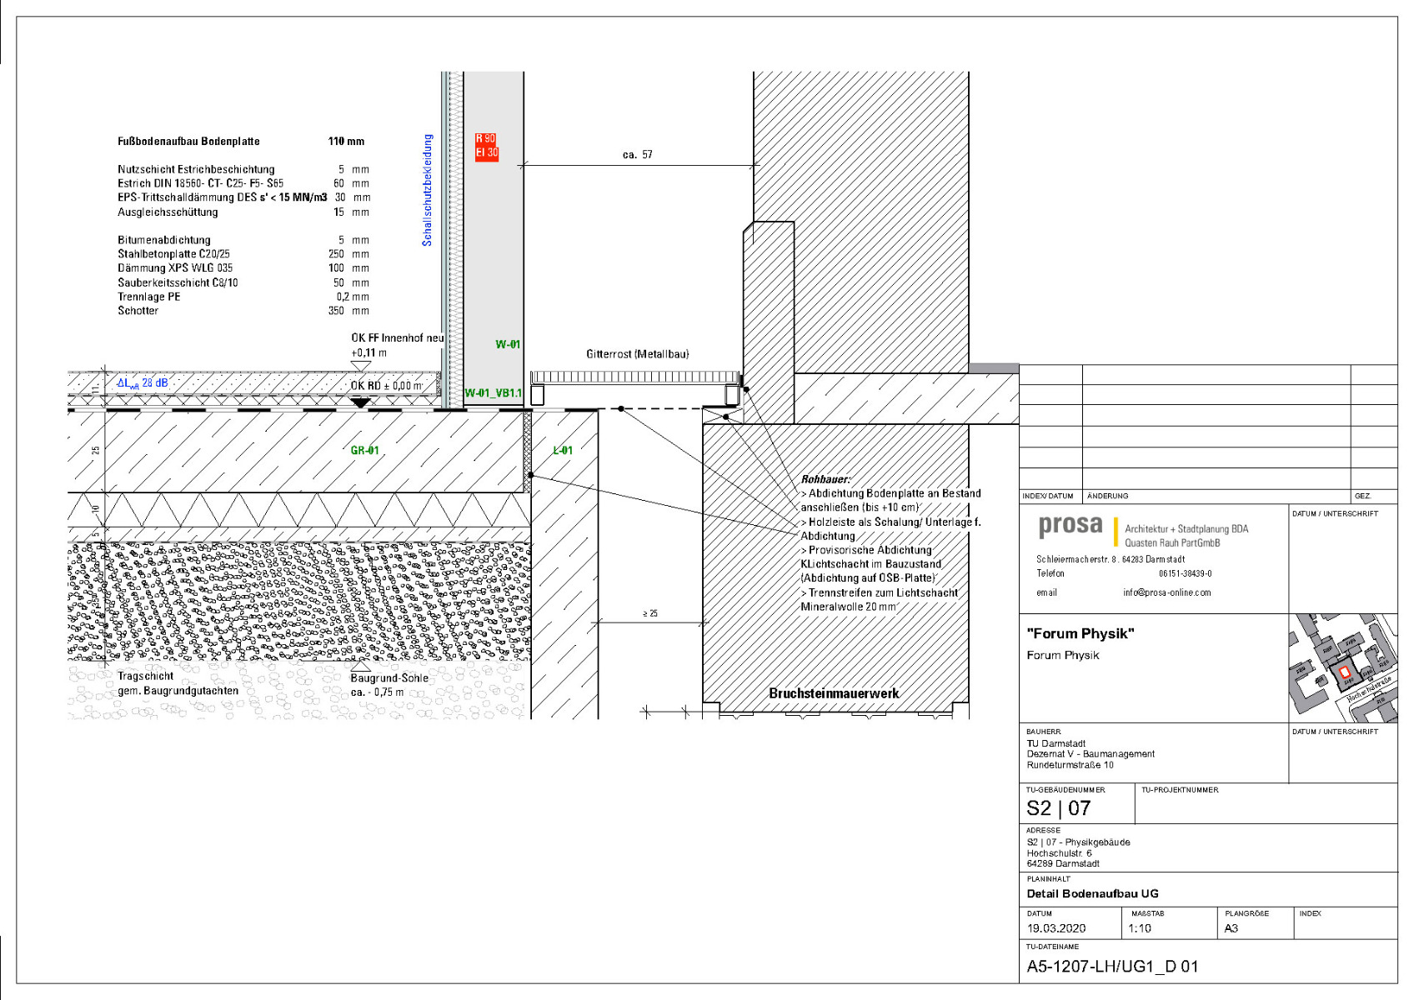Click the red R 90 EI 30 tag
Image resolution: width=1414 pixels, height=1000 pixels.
coord(486,146)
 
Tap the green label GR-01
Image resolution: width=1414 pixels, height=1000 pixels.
coord(364,451)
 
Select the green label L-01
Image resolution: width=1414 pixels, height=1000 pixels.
coord(563,451)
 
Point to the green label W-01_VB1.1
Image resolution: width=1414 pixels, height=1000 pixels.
coord(493,393)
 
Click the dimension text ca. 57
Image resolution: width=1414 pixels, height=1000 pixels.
coord(637,155)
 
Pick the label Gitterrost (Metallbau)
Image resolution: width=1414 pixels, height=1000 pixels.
coord(637,354)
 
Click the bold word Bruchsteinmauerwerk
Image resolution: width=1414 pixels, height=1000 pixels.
coord(834,693)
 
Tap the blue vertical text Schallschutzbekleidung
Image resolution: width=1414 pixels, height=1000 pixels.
coord(428,190)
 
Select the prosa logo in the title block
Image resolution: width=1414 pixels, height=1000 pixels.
coord(1070,527)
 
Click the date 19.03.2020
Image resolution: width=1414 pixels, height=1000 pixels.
coord(1055,928)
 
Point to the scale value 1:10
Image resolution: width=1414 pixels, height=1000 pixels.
coord(1139,928)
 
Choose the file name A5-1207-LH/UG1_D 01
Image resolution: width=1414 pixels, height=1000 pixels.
coord(1111,967)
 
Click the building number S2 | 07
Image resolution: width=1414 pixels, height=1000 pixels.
coord(1058,808)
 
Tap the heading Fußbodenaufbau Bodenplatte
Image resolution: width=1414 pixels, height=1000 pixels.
coord(188,142)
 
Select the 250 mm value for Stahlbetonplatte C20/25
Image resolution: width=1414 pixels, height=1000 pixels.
coord(336,254)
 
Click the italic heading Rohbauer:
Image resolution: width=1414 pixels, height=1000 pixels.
coord(825,479)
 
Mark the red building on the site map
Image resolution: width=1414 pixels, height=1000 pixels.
coord(1342,672)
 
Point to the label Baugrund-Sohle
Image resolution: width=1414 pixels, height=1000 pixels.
coord(389,678)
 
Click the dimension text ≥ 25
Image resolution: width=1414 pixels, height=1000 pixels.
coord(650,614)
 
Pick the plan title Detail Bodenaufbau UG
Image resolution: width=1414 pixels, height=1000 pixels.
coord(1092,894)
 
